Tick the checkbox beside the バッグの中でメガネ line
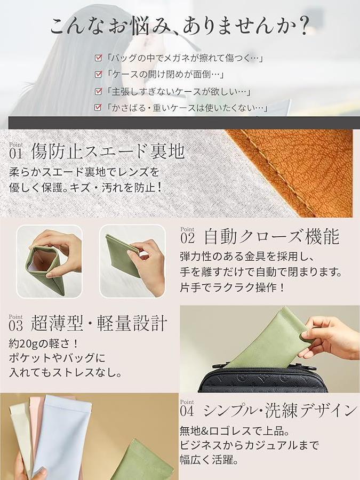click(x=98, y=58)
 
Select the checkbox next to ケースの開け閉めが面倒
click(x=98, y=74)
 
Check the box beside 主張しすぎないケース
click(x=98, y=91)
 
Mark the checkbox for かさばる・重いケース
click(x=98, y=107)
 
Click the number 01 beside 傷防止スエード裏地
click(x=16, y=154)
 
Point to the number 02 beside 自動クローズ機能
click(x=187, y=238)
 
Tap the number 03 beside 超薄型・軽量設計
click(x=16, y=326)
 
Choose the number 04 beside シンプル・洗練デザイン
click(x=187, y=411)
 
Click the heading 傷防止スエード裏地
click(x=108, y=151)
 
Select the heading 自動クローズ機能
click(x=272, y=237)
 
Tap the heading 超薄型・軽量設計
click(x=99, y=323)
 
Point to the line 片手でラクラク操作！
click(x=233, y=287)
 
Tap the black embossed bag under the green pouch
click(x=263, y=378)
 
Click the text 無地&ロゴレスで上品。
click(x=235, y=431)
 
